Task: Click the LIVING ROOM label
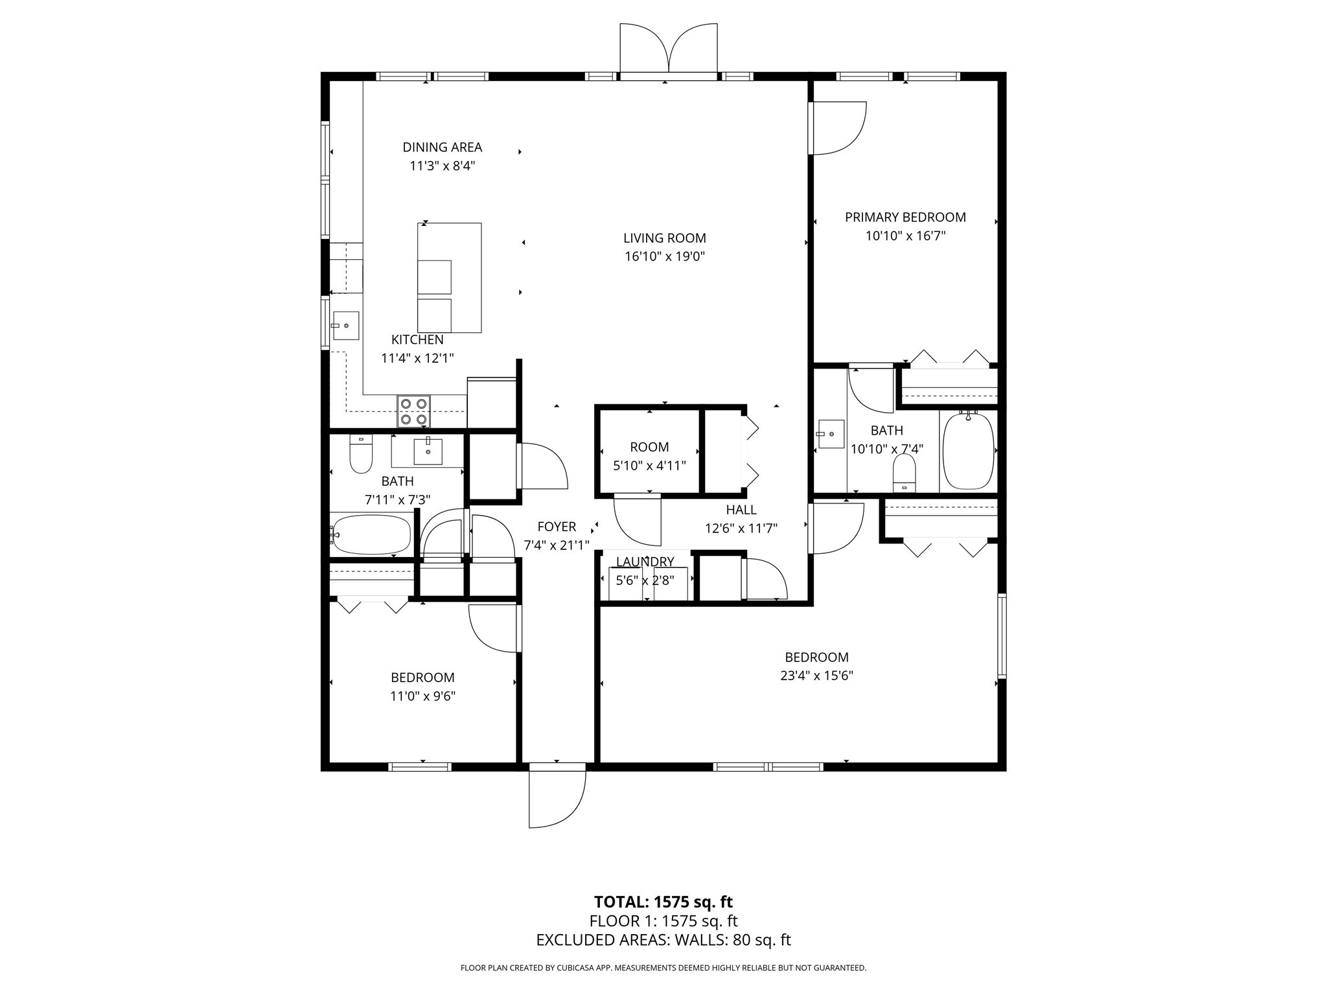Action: (665, 238)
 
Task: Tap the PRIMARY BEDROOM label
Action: (905, 218)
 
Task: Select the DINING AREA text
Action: (443, 148)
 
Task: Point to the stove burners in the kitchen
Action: (414, 411)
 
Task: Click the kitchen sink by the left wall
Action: (345, 326)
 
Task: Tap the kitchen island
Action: (449, 278)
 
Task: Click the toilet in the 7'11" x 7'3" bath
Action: (361, 454)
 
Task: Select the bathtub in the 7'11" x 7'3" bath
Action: (371, 535)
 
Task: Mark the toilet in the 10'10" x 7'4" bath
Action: (904, 473)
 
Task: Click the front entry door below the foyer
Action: (557, 795)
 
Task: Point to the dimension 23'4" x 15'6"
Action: (816, 676)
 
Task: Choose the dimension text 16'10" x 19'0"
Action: (665, 257)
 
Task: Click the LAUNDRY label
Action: (645, 562)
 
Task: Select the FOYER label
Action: (557, 527)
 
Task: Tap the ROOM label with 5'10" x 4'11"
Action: (649, 447)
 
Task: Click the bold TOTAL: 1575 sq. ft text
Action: (663, 902)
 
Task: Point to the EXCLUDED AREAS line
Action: (663, 940)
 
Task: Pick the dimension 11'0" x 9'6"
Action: (423, 696)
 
